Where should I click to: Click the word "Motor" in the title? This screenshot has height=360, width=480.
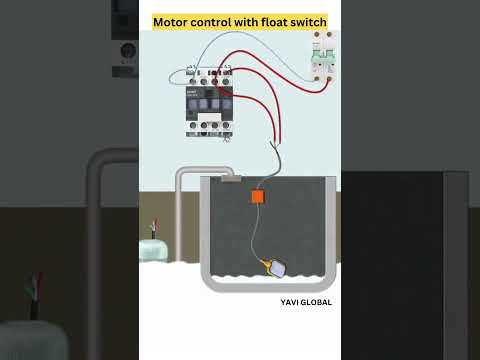click(171, 22)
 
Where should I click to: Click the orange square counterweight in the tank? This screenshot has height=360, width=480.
click(257, 197)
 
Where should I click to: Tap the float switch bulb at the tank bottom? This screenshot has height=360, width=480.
click(275, 267)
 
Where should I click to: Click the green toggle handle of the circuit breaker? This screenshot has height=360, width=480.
click(322, 57)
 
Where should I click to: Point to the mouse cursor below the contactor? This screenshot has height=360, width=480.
click(226, 139)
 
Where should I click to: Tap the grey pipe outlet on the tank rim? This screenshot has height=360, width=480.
click(231, 179)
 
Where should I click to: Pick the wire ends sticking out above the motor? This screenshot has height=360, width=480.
click(153, 225)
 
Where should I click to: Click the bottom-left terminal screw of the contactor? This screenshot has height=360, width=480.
click(190, 127)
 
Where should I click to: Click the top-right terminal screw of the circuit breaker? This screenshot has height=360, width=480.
click(328, 37)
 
